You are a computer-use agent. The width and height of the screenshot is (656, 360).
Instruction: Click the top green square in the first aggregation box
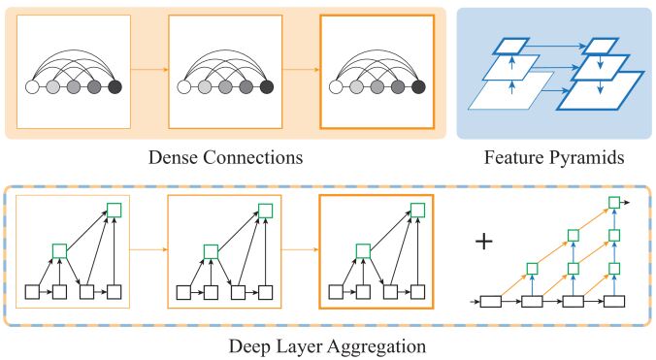tap(115, 210)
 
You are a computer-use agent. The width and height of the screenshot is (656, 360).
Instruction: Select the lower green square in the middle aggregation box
tap(209, 250)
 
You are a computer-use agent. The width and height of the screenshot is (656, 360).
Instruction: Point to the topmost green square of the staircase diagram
tap(613, 201)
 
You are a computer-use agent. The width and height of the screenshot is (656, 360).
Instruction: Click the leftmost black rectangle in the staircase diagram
tap(493, 302)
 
